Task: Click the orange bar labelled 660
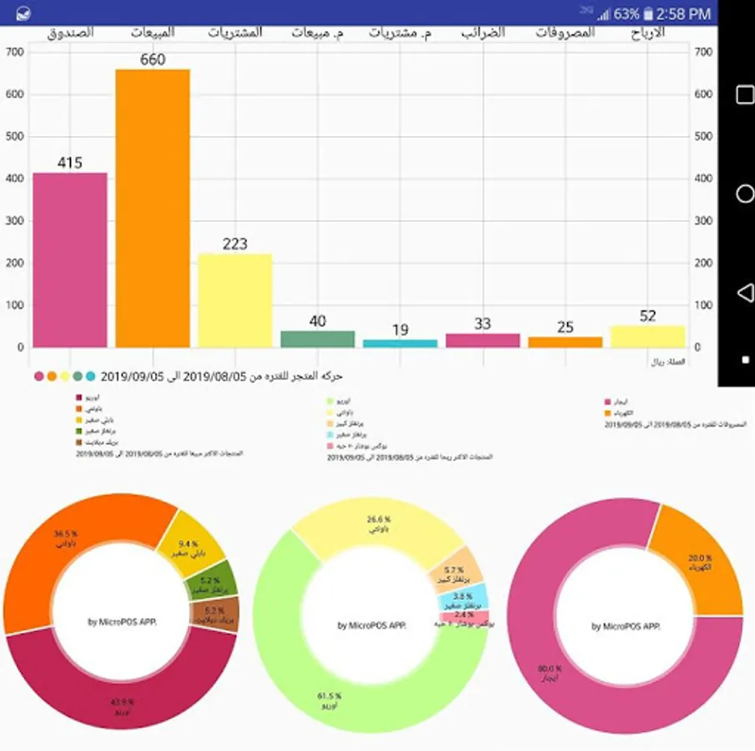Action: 153,209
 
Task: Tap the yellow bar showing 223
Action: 235,300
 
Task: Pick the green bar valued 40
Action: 318,339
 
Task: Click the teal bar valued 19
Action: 400,343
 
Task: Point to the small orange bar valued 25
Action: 565,342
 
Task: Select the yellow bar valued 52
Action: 647,336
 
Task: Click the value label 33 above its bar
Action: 483,324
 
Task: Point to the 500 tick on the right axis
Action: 703,137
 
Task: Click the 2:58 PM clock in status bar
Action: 683,13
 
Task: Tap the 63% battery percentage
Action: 627,13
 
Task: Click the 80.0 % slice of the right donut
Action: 567,668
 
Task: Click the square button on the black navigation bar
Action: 745,95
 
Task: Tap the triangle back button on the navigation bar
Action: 745,292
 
